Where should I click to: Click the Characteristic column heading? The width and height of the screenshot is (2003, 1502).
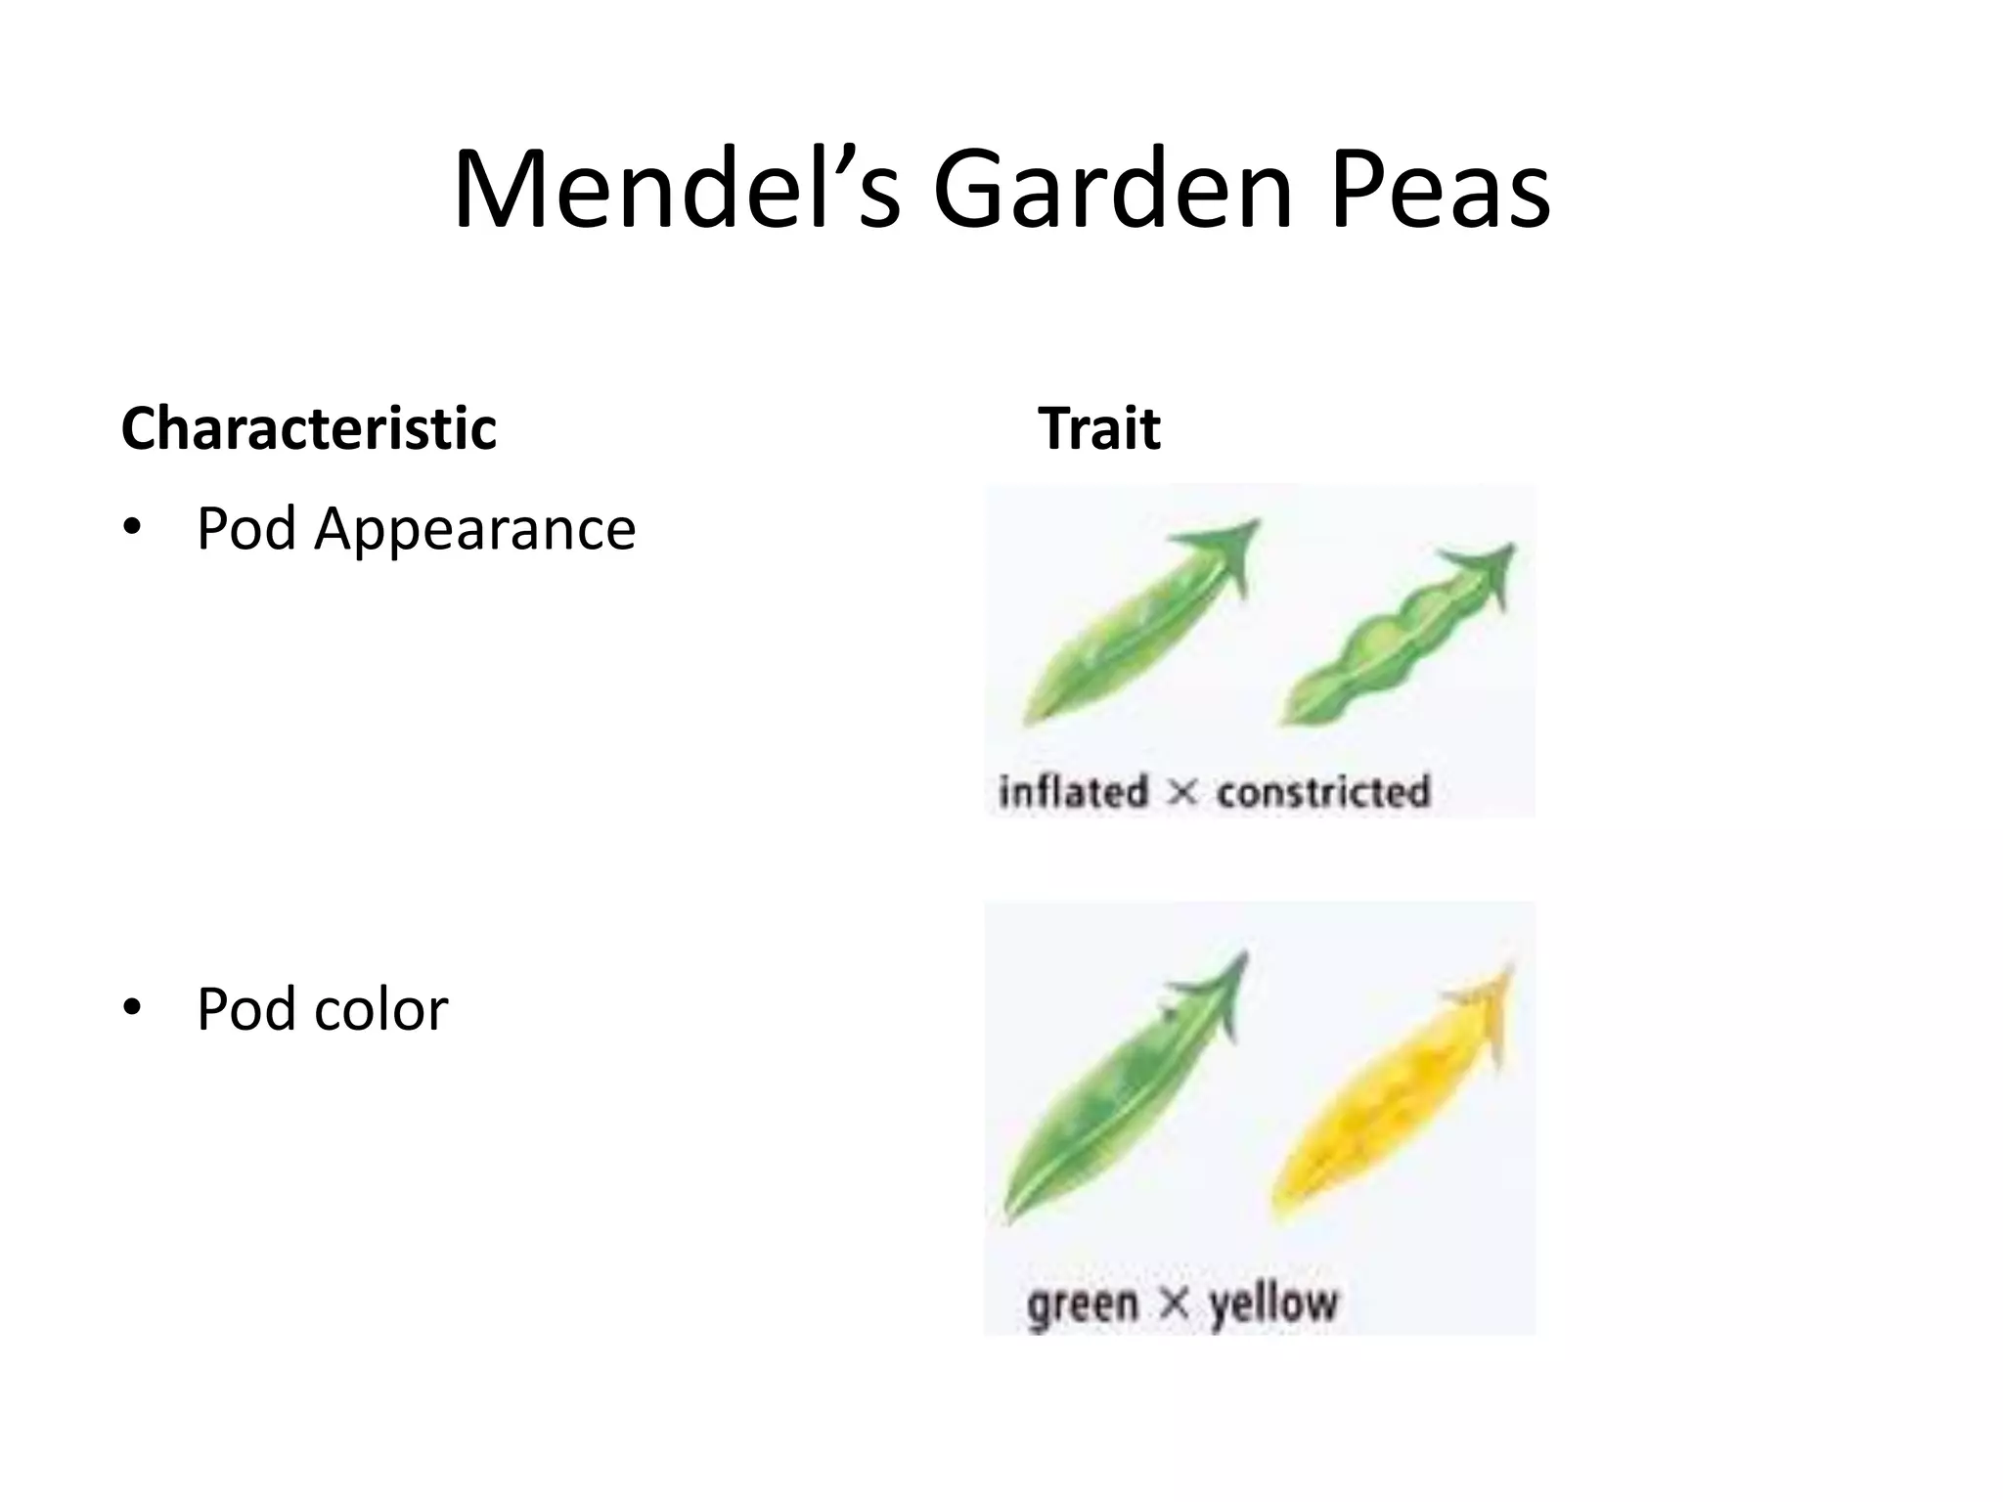[309, 428]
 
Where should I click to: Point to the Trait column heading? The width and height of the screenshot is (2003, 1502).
[1099, 428]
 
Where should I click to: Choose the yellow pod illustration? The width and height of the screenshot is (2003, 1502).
[1394, 1100]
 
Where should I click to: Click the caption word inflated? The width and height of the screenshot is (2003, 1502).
[1073, 791]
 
